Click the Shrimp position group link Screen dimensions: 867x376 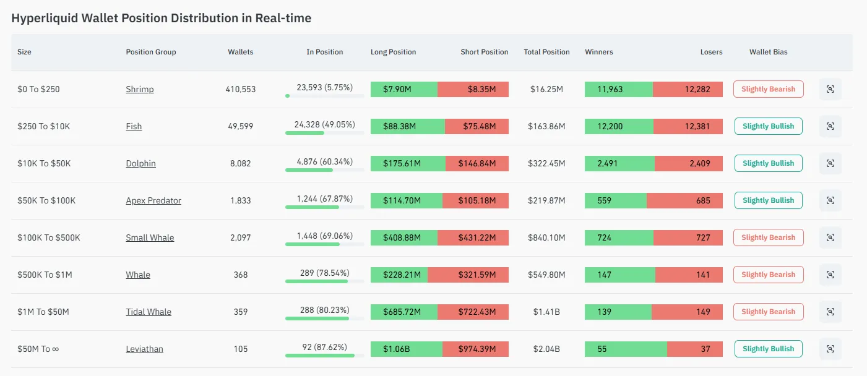[140, 89]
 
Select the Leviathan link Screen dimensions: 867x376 [144, 349]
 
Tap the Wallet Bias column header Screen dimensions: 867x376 [769, 52]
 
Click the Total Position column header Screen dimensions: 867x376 [546, 52]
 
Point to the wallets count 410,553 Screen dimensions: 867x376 [241, 89]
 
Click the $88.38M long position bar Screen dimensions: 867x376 [408, 127]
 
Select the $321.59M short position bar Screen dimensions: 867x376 [468, 275]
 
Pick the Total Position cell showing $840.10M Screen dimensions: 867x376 [546, 237]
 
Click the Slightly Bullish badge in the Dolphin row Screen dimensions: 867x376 [769, 163]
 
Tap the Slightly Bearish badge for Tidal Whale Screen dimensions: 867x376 [769, 312]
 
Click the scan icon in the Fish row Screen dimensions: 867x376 [830, 127]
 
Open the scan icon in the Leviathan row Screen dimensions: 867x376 [830, 349]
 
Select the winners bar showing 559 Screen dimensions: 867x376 [615, 201]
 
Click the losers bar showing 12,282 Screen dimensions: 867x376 [688, 89]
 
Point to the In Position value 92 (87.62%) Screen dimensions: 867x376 [324, 348]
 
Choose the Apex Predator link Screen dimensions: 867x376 [153, 201]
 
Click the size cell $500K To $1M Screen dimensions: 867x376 [45, 275]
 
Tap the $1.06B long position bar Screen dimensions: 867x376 [407, 349]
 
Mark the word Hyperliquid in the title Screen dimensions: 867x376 [45, 19]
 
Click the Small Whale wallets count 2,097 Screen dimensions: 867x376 [241, 237]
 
